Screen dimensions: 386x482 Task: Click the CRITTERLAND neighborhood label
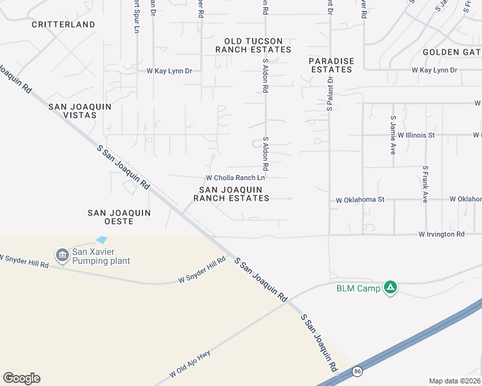[x=63, y=24]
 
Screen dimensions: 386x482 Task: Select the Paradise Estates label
[x=331, y=65]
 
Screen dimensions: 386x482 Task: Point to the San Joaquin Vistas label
[x=81, y=111]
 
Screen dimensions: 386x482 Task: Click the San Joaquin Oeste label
[x=119, y=217]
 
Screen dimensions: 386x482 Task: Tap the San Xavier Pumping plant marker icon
[x=63, y=256]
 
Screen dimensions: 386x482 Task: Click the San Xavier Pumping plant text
[x=102, y=256]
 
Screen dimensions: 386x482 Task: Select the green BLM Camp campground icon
[x=390, y=288]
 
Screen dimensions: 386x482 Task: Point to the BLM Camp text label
[x=358, y=288]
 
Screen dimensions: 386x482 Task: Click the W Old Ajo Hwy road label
[x=191, y=363]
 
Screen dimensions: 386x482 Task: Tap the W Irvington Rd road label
[x=441, y=234]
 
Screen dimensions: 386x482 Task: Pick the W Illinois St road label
[x=416, y=135]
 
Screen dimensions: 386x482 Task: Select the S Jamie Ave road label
[x=392, y=135]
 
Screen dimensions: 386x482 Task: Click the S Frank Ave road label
[x=425, y=185]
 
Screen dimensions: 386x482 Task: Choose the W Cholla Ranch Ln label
[x=235, y=178]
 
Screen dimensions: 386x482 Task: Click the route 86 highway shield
[x=357, y=371]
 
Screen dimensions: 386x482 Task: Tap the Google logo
[x=21, y=378]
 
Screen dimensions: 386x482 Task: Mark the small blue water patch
[x=102, y=239]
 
